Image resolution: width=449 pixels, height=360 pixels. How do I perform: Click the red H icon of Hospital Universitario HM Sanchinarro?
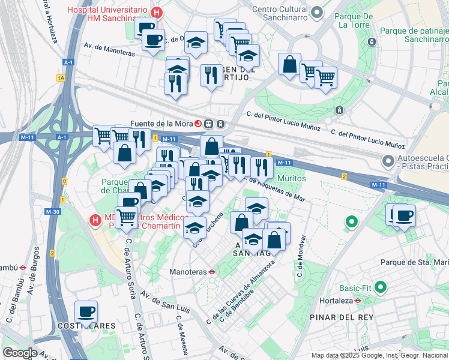point(157,11)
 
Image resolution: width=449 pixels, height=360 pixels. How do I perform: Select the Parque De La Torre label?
point(356,20)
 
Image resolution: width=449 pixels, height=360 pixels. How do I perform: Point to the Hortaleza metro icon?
point(357,301)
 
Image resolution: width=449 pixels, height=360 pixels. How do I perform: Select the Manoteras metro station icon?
point(211,271)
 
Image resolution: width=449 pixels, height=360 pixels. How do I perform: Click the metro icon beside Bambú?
point(21,268)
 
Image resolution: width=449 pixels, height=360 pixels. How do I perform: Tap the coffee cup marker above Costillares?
point(86,311)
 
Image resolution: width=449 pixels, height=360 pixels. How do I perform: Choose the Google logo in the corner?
point(20,353)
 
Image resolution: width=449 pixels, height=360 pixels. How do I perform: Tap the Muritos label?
point(291,178)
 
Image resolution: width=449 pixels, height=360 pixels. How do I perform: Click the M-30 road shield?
point(53,211)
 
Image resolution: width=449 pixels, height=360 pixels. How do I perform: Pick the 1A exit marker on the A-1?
point(60,78)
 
